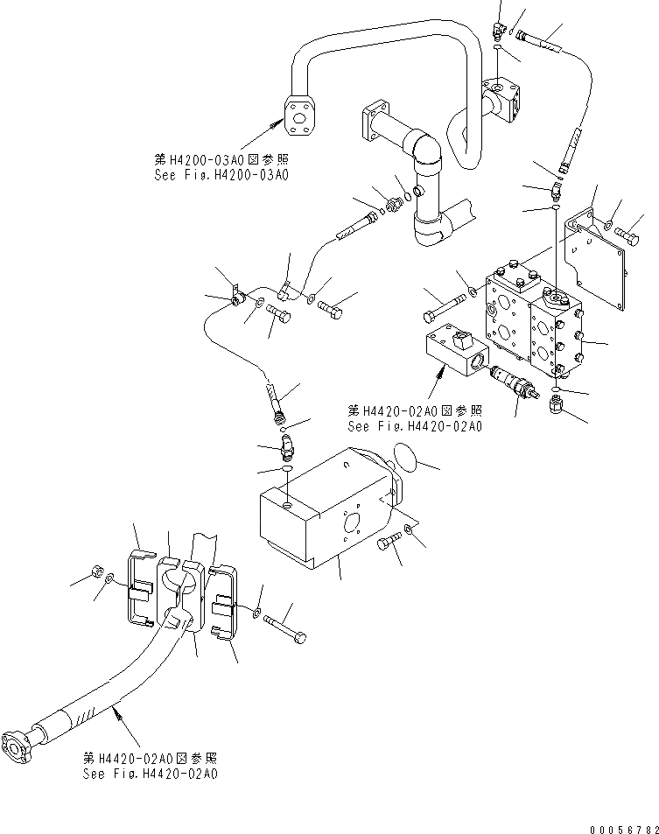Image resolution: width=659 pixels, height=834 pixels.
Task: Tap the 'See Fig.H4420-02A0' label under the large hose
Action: click(150, 774)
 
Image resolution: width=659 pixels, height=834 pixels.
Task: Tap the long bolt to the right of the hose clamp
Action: click(284, 628)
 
